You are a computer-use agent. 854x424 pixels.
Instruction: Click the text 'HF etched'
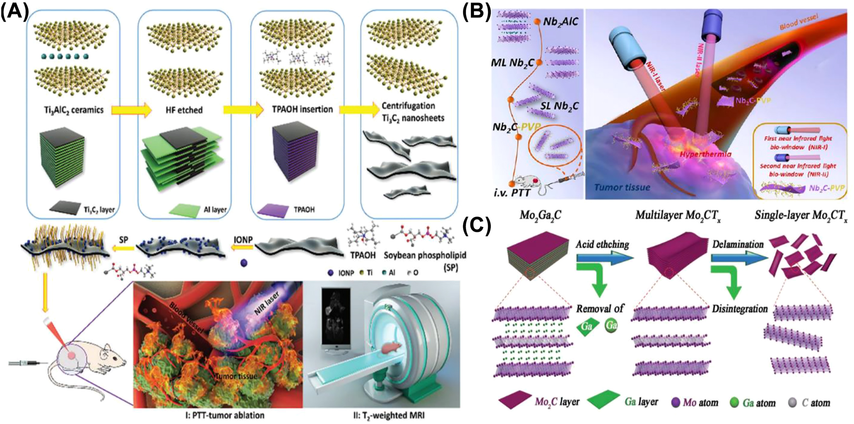184,110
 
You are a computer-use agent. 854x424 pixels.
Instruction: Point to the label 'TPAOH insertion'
302,109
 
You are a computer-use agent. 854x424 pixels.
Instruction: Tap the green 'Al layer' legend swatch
183,210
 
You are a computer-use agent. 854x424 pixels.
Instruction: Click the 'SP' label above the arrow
124,239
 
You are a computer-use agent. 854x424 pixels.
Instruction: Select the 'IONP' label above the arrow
243,239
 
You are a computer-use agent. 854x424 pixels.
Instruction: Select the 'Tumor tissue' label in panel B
622,187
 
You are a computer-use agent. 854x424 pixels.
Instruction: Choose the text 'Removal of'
600,309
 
